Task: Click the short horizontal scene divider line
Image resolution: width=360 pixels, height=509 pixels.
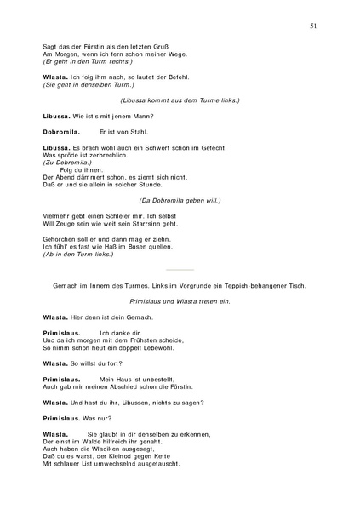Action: (180, 269)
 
